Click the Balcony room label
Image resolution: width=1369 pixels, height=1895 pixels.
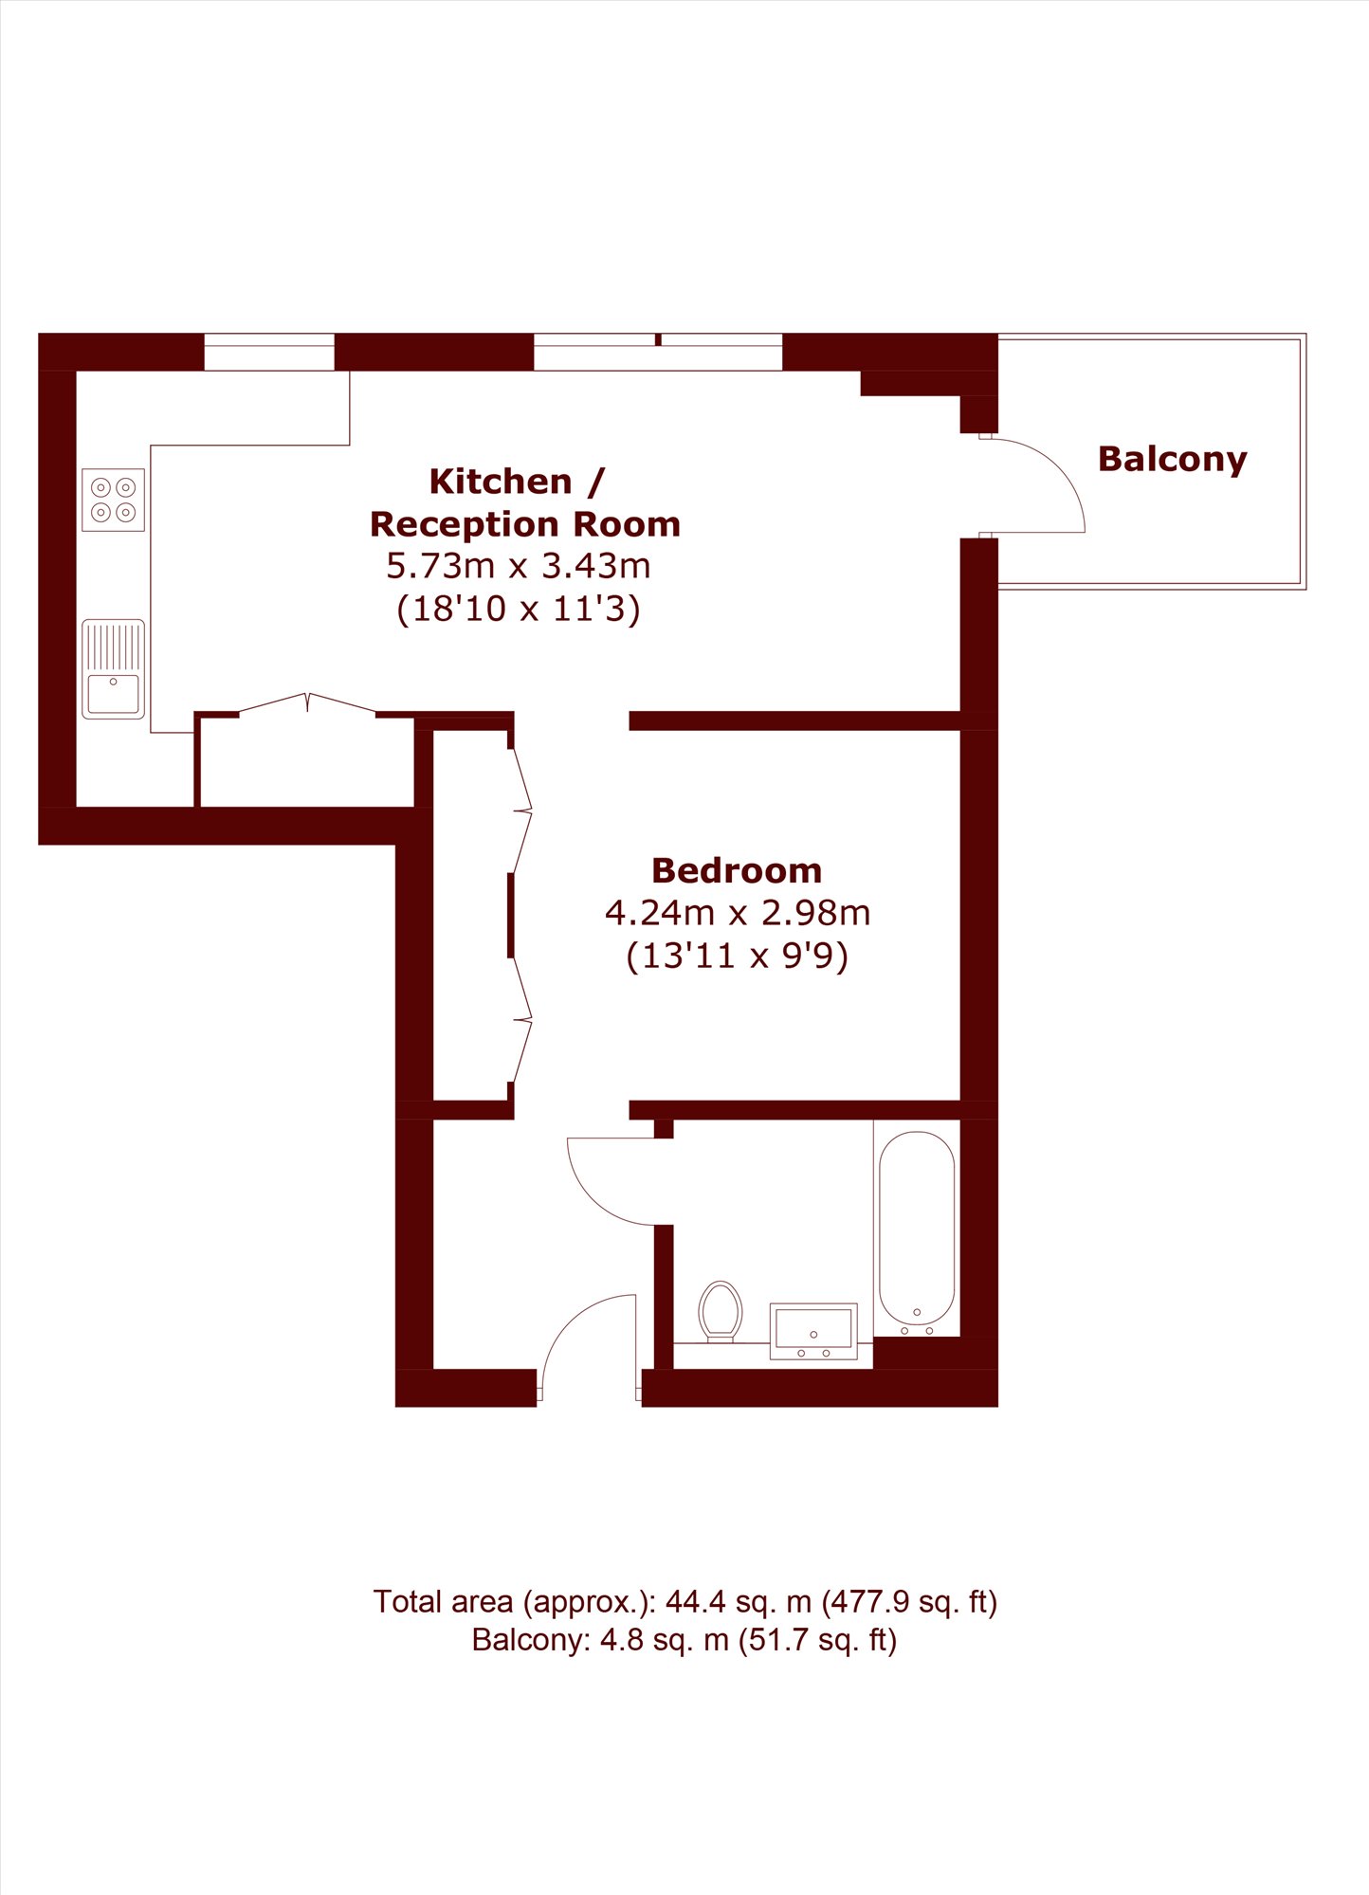point(1172,460)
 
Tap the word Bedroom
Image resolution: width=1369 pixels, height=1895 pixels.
point(737,870)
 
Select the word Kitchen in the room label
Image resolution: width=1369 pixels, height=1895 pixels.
point(501,482)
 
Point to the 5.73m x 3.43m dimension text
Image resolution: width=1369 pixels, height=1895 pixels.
point(519,566)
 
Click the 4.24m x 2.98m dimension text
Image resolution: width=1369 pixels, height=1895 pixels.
point(738,913)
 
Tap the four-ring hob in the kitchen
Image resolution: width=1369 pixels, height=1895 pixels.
point(113,500)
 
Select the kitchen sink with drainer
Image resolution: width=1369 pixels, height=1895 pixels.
point(113,669)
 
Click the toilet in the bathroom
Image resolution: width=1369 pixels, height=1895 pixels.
point(721,1312)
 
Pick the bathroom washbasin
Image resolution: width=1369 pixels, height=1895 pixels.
point(813,1331)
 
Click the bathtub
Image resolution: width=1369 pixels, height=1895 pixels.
point(917,1229)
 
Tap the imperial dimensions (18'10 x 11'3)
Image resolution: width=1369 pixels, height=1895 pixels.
point(519,609)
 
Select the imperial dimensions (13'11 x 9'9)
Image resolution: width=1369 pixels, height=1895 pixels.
point(738,956)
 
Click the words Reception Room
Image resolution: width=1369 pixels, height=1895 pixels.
point(525,524)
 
